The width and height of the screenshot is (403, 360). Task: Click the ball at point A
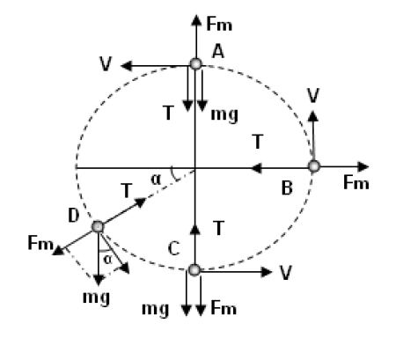[195, 63]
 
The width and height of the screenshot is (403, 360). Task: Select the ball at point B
[314, 166]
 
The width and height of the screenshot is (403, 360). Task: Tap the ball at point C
[194, 270]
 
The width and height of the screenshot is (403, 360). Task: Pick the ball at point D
[98, 227]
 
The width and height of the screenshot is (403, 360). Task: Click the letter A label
[218, 52]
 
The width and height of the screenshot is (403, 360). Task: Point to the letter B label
[287, 188]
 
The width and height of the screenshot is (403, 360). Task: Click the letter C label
[174, 249]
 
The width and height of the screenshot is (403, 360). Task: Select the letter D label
[74, 216]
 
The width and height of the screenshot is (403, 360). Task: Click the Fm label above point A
[219, 24]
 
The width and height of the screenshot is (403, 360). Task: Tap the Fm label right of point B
[356, 183]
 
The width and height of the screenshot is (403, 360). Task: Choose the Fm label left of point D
[40, 243]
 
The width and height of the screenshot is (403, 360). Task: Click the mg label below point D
[96, 298]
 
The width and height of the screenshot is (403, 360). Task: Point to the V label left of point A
[106, 64]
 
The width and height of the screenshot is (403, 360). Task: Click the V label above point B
[313, 96]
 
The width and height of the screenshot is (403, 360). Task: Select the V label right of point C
[285, 274]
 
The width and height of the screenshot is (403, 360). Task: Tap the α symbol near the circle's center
[156, 180]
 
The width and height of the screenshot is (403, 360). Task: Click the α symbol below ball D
[108, 260]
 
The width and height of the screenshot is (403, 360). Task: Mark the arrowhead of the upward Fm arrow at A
[196, 20]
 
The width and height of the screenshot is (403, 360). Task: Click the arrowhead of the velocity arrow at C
[267, 272]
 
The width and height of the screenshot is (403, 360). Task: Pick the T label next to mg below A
[168, 113]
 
